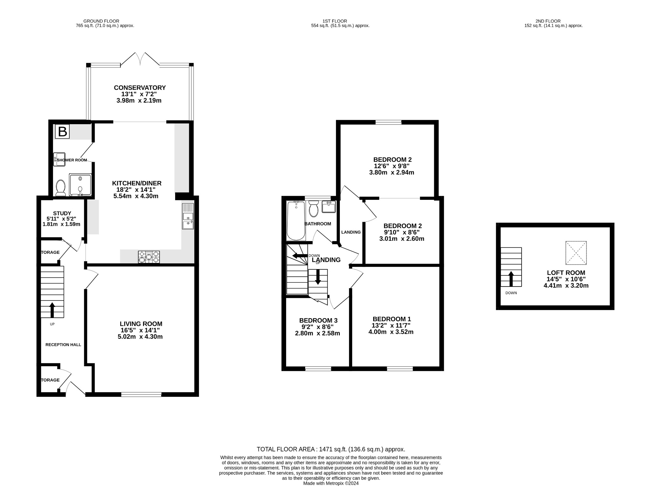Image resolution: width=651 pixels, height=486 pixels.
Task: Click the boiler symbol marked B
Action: (62, 132)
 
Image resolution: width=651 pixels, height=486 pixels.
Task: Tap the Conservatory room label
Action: (140, 88)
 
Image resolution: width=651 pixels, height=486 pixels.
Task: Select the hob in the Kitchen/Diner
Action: (149, 257)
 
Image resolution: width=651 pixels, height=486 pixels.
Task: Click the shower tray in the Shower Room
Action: (80, 185)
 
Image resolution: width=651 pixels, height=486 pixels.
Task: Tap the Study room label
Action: (62, 213)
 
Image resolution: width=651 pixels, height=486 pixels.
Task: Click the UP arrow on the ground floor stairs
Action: (52, 310)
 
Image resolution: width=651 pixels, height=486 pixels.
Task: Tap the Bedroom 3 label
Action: (318, 321)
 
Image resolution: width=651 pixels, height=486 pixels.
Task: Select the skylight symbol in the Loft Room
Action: (576, 253)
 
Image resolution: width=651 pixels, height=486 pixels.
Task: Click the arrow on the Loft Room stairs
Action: (511, 279)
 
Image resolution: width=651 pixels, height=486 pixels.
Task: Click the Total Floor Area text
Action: (331, 449)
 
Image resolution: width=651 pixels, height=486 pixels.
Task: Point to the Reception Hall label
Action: (63, 345)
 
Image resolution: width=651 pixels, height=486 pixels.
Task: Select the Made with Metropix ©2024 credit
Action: (331, 483)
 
